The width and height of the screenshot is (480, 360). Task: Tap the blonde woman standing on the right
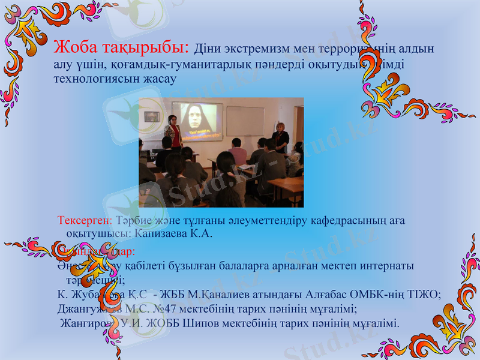tap(280, 137)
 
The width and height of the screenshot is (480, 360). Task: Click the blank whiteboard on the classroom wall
tap(245, 121)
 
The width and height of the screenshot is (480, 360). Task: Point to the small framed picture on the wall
tap(152, 116)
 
